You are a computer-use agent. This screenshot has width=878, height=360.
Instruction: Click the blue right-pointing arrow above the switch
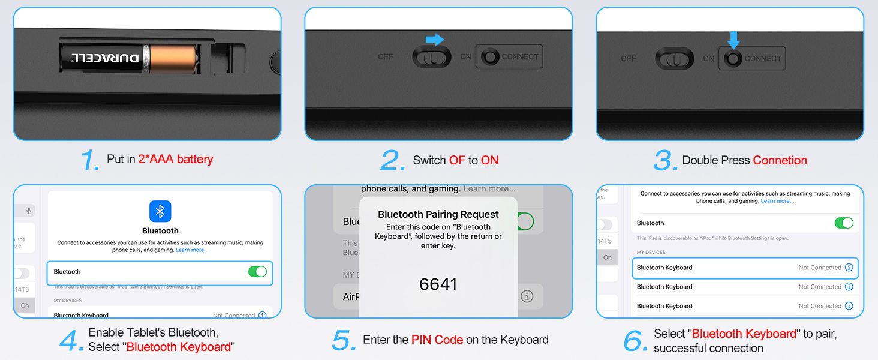(435, 40)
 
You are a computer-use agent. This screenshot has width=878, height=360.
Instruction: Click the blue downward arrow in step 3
(733, 40)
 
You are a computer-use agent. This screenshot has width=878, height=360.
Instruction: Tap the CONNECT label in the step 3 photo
(763, 59)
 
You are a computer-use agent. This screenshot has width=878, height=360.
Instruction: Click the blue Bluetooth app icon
(160, 211)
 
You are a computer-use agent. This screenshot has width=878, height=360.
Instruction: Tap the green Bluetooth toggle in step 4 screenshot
(257, 272)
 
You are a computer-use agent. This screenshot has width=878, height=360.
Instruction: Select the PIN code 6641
(438, 284)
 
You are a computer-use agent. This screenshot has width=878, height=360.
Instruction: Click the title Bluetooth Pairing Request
(438, 214)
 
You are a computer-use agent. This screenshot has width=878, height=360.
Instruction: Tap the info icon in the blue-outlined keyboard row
(849, 268)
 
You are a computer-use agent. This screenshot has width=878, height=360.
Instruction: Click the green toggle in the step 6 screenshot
(844, 223)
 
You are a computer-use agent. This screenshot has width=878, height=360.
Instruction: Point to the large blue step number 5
(344, 341)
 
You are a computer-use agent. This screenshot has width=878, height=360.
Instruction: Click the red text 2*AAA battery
(176, 160)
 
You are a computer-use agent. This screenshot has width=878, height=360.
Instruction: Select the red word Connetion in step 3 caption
(780, 160)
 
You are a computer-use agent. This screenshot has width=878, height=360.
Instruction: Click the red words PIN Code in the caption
(437, 340)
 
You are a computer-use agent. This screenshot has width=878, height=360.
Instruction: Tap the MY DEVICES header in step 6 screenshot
(651, 253)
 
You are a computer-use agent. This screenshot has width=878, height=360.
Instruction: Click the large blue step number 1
(90, 160)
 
